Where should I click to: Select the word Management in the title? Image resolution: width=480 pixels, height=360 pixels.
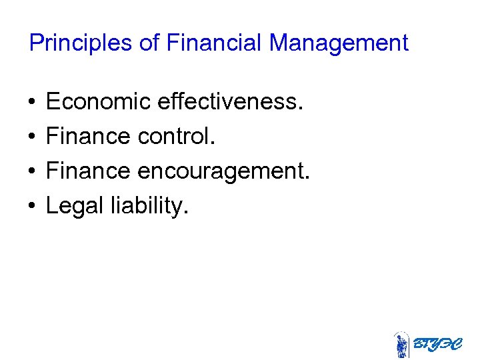point(339,43)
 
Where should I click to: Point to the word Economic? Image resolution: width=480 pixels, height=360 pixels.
point(99,102)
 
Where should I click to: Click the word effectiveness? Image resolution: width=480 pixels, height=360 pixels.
point(231,102)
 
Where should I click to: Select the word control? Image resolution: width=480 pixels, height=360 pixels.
point(176,137)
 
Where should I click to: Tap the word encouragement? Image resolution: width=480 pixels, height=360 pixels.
point(224,171)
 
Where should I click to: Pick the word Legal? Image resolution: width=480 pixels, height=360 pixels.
point(71,207)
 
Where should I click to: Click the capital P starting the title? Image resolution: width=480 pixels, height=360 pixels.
point(36,43)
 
